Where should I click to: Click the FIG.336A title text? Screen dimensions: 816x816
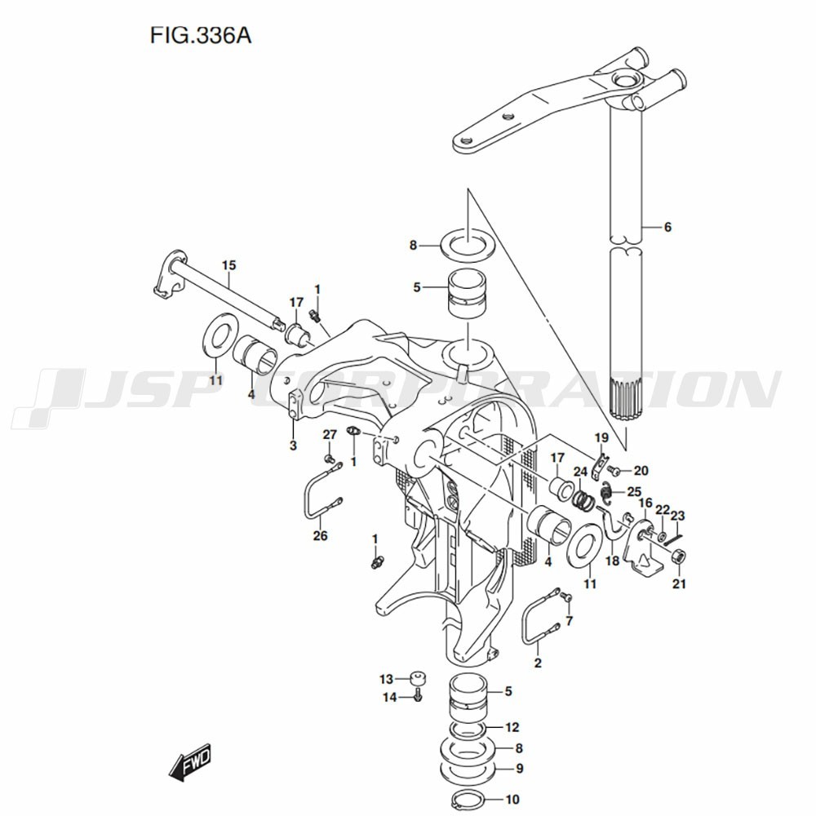pyautogui.click(x=201, y=36)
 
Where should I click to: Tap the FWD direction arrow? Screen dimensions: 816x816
pyautogui.click(x=190, y=761)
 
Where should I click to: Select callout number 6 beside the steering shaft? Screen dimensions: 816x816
pyautogui.click(x=667, y=227)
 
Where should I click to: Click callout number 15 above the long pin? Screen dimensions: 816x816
pyautogui.click(x=229, y=265)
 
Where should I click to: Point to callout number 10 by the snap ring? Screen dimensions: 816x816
pyautogui.click(x=512, y=800)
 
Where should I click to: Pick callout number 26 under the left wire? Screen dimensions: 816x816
pyautogui.click(x=320, y=535)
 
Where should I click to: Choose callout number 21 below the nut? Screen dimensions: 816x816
pyautogui.click(x=679, y=584)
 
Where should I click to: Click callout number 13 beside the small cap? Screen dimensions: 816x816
pyautogui.click(x=386, y=679)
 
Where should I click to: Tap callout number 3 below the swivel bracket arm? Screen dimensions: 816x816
pyautogui.click(x=293, y=446)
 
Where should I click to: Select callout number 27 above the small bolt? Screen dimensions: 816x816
pyautogui.click(x=330, y=435)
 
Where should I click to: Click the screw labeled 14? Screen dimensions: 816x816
pyautogui.click(x=418, y=697)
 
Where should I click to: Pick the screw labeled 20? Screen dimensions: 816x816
pyautogui.click(x=614, y=471)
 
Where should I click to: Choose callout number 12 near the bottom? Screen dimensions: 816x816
pyautogui.click(x=512, y=727)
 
